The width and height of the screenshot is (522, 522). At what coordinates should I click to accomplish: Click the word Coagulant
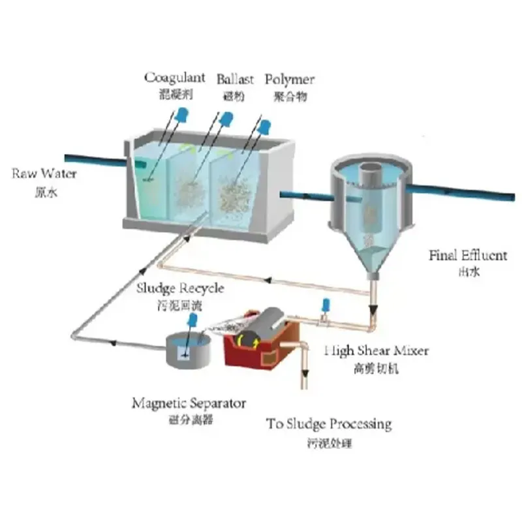point(174,78)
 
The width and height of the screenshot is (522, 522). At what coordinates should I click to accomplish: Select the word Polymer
point(289,80)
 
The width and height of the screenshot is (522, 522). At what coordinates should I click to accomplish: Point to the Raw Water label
point(44,174)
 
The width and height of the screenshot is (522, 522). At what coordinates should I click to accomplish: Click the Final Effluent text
point(467,255)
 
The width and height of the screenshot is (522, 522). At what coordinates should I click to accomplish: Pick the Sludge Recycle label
point(180,288)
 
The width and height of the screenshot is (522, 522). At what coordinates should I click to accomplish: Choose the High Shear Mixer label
point(376,351)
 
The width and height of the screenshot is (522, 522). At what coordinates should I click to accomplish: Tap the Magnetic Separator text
point(189,403)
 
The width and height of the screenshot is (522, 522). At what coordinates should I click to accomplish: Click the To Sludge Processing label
point(329,424)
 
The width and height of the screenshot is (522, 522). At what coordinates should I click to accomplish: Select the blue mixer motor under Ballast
point(226,119)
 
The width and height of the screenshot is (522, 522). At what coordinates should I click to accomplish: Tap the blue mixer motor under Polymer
point(266,125)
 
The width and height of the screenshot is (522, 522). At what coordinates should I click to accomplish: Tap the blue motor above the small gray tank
point(193,320)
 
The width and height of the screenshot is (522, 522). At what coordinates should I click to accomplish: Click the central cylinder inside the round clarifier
point(369,196)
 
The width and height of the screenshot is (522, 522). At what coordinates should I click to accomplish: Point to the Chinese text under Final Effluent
point(468,271)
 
